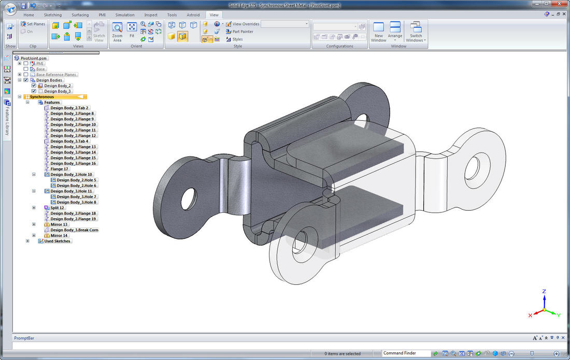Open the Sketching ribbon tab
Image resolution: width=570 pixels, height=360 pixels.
(x=52, y=15)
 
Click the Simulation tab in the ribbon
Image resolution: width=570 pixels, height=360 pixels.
(x=125, y=15)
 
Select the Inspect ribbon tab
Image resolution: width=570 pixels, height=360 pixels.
(x=151, y=15)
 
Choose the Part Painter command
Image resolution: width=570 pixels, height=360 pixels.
(x=242, y=32)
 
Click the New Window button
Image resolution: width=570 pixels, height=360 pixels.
(x=379, y=32)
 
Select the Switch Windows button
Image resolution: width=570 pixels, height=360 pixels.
(x=416, y=32)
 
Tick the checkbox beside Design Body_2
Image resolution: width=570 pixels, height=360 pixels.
(x=34, y=85)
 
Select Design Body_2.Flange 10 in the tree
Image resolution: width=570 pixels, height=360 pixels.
(x=73, y=124)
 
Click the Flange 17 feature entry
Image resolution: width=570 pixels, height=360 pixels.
(x=59, y=169)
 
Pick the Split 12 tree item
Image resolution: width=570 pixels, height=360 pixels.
(x=57, y=208)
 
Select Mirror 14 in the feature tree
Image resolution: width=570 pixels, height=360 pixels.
(x=59, y=235)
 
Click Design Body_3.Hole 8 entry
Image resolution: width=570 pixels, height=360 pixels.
(x=76, y=202)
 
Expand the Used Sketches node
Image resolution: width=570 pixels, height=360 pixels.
(x=27, y=241)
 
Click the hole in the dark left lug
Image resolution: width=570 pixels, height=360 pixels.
(x=189, y=197)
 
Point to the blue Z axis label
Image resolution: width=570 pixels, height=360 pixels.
(x=544, y=292)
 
